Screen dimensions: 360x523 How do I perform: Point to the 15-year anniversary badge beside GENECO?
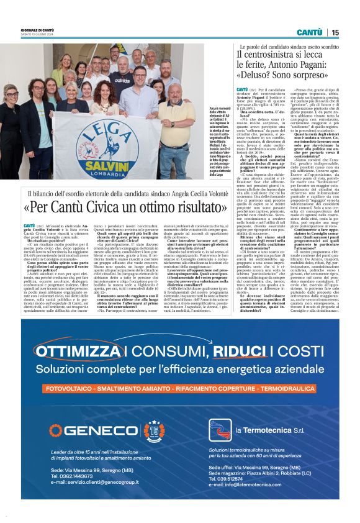[x=154, y=429]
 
